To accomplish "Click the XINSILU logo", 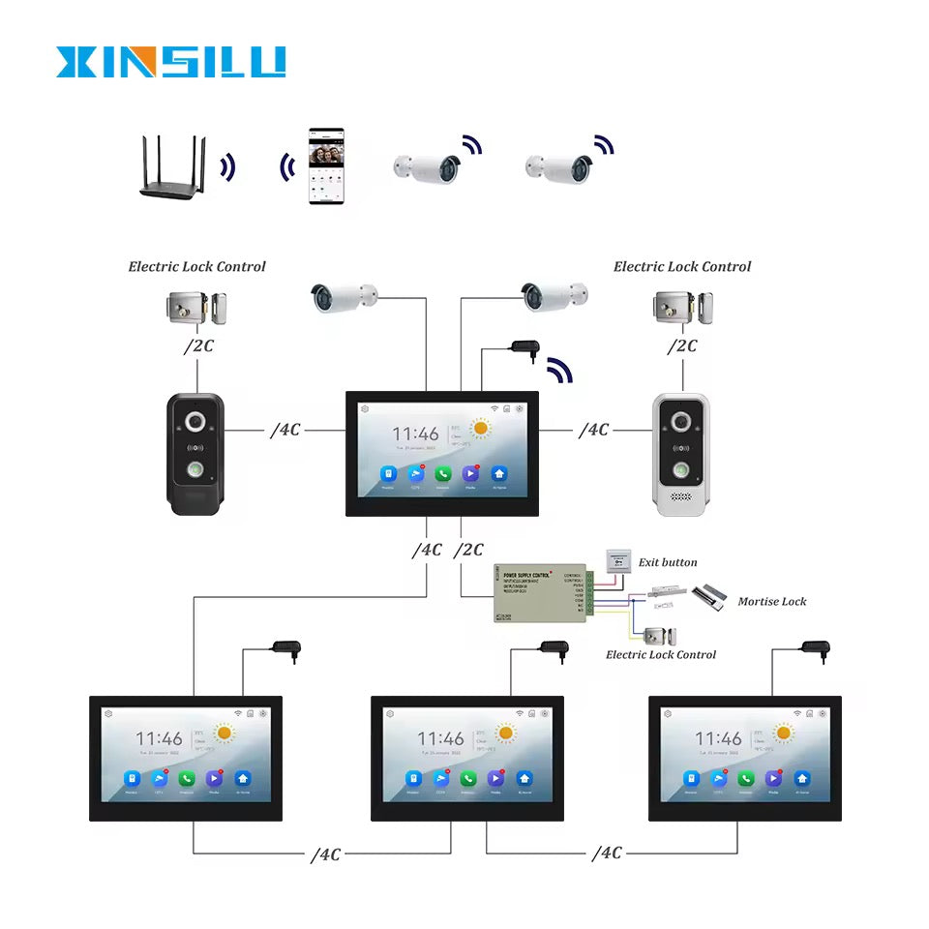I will point(170,61).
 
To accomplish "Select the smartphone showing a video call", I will point(325,165).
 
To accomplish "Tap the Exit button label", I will point(667,562).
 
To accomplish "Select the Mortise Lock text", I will point(771,601).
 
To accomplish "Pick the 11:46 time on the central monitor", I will point(415,435).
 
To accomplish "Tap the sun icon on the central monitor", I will point(480,428).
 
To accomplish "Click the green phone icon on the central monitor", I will point(443,474).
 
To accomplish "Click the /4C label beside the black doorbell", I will point(285,429).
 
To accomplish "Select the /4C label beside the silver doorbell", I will point(594,429).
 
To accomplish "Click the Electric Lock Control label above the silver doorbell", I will point(681,266).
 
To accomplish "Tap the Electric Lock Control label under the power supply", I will point(661,654).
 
